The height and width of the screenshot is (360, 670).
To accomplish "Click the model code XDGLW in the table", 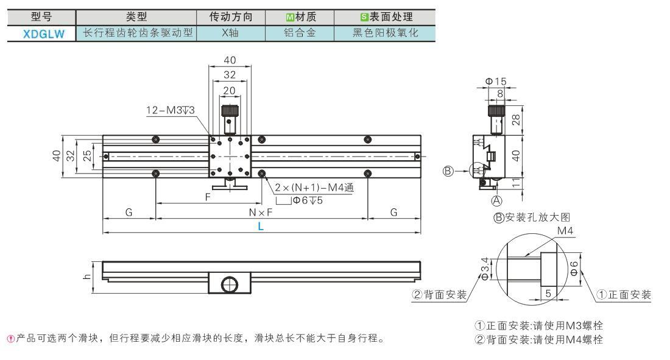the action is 44,34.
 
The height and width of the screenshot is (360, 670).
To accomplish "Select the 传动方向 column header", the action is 231,16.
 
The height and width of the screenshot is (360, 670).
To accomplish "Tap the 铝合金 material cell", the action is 300,33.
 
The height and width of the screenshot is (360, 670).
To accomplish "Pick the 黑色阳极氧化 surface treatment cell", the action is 386,33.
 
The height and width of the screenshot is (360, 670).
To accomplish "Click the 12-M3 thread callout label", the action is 170,110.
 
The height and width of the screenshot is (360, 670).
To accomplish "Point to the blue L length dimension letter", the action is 261,226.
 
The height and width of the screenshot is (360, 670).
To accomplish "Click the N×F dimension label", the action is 261,212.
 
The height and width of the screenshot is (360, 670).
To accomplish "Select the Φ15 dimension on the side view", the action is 496,81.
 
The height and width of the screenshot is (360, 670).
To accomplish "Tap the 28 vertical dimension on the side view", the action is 516,120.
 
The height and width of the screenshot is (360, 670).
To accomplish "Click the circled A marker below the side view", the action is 496,200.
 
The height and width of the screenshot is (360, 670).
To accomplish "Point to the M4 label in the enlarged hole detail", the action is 565,231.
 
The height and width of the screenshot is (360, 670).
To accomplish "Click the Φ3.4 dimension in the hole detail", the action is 485,269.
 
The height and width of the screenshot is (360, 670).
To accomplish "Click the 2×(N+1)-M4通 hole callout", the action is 314,187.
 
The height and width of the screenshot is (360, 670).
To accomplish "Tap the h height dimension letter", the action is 87,277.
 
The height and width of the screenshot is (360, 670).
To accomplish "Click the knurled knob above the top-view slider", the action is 230,110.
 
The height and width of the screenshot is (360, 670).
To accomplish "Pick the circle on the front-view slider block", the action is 230,284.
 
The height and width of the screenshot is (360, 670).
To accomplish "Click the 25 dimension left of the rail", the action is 87,156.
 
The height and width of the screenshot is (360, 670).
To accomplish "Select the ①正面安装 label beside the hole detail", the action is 624,295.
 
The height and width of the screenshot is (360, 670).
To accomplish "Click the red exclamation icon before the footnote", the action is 11,339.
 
